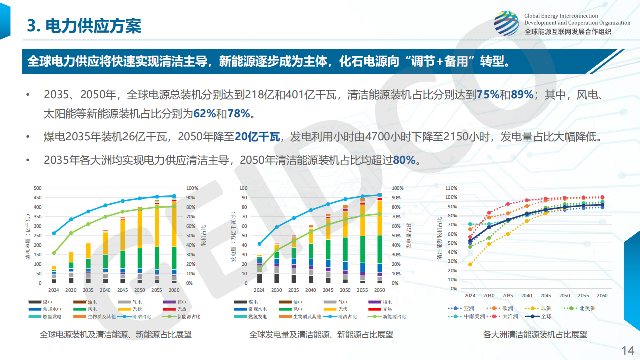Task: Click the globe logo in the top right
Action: click(506, 23)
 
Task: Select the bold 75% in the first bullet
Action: click(488, 94)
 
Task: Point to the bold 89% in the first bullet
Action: click(522, 94)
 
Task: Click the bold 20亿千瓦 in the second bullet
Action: click(257, 137)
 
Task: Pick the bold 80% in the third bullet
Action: click(404, 160)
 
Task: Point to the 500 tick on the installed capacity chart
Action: click(37, 188)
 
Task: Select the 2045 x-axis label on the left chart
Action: click(123, 290)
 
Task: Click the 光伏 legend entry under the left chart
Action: click(137, 309)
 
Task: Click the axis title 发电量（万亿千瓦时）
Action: click(233, 236)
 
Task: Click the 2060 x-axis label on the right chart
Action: click(602, 295)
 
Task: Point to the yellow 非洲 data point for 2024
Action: click(470, 264)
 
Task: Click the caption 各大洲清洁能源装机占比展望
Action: click(535, 335)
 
